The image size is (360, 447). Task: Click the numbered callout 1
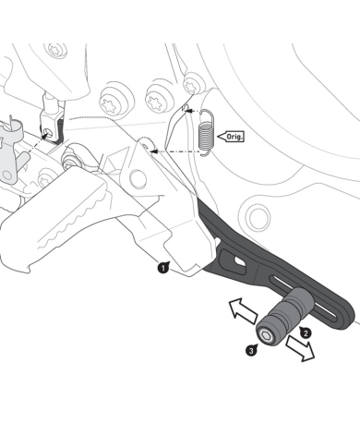tap(162, 268)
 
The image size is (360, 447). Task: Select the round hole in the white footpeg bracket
tap(146, 145)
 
